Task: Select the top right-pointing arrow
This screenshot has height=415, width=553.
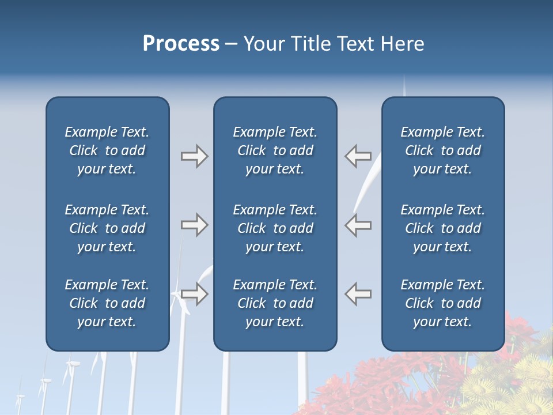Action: [194, 156]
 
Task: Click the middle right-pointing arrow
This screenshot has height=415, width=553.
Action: [194, 225]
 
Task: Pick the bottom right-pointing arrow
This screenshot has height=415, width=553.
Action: [194, 294]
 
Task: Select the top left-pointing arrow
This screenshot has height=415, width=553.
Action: [358, 156]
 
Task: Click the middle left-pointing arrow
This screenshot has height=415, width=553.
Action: [358, 225]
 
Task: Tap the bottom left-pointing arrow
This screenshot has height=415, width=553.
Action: [358, 294]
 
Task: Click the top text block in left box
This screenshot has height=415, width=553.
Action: [107, 150]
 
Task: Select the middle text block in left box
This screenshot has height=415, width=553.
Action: [107, 228]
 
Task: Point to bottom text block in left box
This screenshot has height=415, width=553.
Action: [107, 303]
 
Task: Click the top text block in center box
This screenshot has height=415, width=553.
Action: [275, 150]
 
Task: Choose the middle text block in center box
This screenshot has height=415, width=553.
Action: [275, 228]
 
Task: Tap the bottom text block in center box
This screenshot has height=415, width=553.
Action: [275, 303]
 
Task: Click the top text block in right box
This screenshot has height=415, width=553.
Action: [443, 150]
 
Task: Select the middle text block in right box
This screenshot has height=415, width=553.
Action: [443, 228]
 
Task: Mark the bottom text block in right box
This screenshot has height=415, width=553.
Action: [443, 303]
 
